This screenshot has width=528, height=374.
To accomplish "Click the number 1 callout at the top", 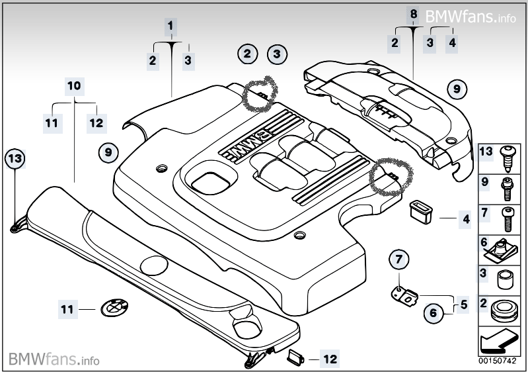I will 170,26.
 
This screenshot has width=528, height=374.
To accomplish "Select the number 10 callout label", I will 74,86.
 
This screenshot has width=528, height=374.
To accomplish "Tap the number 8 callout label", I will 414,13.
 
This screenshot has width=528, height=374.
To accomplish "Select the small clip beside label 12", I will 293,359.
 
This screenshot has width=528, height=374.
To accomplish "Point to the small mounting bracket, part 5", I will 405,294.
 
